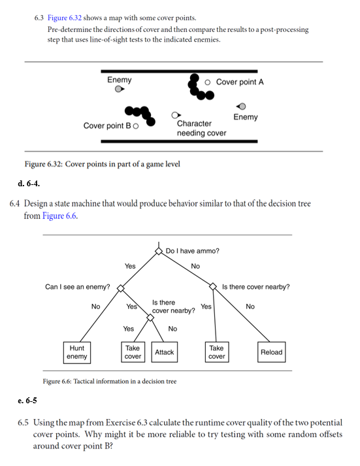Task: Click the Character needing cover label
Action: (201, 128)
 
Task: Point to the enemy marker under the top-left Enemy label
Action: (118, 89)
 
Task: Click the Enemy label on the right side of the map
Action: (245, 117)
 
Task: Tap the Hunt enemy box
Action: (77, 352)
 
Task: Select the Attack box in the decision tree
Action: (164, 352)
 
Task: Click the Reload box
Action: (271, 352)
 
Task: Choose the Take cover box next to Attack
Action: (133, 352)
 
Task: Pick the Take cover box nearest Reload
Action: (216, 352)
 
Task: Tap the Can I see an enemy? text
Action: (77, 286)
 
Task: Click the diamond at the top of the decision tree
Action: (159, 250)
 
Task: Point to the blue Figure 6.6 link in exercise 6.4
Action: (59, 216)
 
